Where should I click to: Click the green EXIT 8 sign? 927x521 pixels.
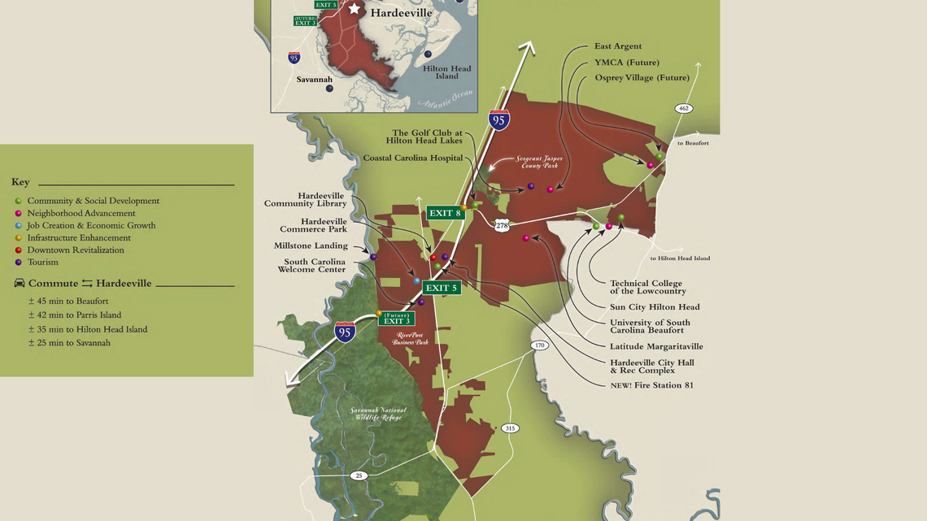click(446, 213)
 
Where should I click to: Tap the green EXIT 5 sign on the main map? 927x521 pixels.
click(442, 288)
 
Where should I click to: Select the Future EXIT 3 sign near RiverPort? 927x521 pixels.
click(396, 319)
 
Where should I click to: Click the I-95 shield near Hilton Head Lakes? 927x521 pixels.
click(499, 120)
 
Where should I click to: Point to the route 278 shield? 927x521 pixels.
click(503, 226)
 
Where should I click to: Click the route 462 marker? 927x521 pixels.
click(683, 108)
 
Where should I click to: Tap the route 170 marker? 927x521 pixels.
click(539, 345)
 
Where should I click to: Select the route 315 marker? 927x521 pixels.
click(510, 428)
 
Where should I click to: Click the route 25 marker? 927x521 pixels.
click(359, 475)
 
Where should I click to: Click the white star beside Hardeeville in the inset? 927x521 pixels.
click(355, 9)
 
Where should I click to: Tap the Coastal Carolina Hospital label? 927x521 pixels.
click(412, 158)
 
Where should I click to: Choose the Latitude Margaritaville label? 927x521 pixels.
click(656, 346)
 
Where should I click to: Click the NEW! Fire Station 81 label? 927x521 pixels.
click(651, 385)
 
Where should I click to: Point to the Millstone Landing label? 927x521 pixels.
click(311, 245)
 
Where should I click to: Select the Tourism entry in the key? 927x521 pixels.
click(42, 263)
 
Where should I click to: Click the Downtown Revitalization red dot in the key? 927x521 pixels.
click(18, 250)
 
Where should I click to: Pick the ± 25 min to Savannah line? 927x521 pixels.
click(69, 343)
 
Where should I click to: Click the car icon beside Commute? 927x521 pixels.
click(20, 284)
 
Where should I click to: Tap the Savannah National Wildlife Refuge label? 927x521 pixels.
click(378, 414)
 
